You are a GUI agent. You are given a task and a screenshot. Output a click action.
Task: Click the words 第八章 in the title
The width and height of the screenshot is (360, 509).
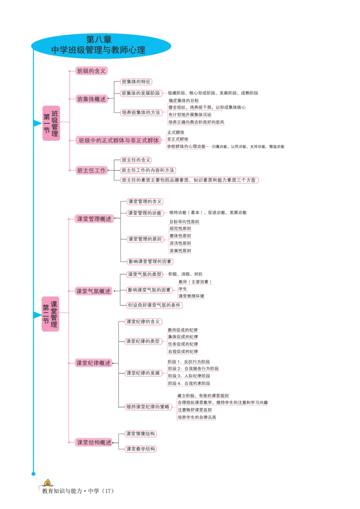click(102, 40)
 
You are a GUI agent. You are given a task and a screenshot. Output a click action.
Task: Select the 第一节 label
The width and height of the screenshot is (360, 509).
click(47, 123)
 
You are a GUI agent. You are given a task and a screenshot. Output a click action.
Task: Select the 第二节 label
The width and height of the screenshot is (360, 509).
click(46, 314)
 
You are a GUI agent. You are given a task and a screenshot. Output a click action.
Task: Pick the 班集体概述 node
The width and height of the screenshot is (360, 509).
click(91, 99)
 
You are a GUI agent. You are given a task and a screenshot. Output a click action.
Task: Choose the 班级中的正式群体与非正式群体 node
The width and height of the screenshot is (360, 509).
click(119, 140)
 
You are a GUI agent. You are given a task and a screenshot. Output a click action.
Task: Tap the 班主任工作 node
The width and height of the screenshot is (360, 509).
click(91, 170)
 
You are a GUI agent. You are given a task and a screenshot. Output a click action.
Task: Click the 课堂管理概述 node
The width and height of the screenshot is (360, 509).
click(94, 219)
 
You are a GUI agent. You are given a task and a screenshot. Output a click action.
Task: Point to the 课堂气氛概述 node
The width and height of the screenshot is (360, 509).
click(94, 291)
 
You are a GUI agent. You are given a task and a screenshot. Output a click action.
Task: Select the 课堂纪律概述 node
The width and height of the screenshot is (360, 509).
click(94, 363)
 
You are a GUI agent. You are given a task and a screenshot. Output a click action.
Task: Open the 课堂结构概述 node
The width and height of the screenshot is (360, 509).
click(94, 442)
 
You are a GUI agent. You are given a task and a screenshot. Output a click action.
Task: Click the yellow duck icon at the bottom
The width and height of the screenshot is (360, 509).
click(46, 482)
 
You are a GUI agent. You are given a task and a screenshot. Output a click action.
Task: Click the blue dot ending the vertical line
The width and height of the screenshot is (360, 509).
click(32, 474)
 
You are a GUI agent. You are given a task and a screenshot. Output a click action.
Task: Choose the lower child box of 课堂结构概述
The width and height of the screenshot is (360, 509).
click(141, 449)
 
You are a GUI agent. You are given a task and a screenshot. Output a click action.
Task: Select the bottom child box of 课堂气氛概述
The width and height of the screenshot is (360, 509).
click(154, 305)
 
